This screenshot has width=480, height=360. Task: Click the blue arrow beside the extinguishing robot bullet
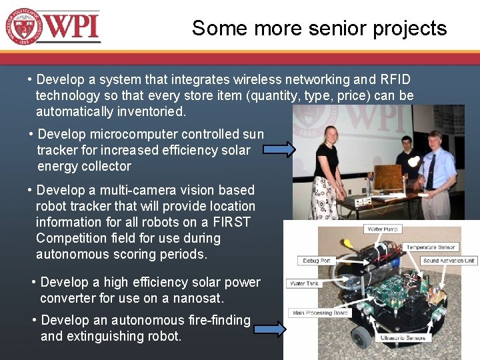coord(269,328)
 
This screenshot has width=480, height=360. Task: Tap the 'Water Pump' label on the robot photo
coord(383,229)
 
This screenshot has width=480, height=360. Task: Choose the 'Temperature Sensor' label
coord(431,247)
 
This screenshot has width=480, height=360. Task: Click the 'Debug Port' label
coord(315,260)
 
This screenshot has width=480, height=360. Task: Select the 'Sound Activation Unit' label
coord(449,261)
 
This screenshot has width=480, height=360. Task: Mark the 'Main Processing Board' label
coord(320,313)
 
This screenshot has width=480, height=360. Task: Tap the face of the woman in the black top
coord(331,135)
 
